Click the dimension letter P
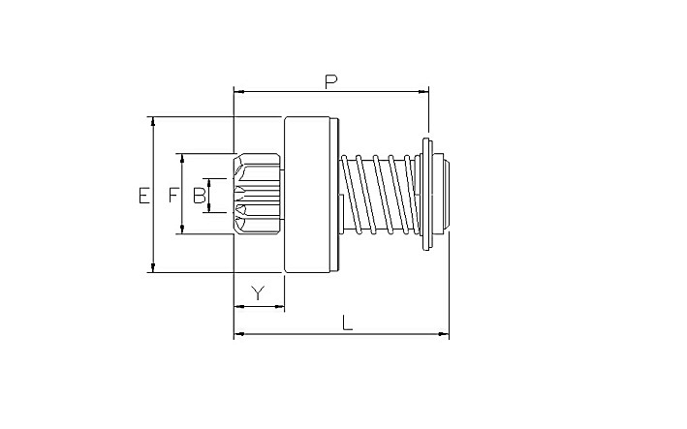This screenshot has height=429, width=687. coord(331,82)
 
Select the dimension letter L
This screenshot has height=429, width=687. coord(347,323)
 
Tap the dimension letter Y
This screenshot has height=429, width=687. coord(259,292)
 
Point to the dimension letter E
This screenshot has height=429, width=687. coord(143,196)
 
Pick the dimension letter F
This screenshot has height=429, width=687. coord(174,196)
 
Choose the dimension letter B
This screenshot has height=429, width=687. coord(199,196)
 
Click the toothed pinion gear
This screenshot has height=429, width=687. coord(257,194)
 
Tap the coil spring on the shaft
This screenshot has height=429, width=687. coord(379,195)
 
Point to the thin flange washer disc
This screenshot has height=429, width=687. coord(426,195)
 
